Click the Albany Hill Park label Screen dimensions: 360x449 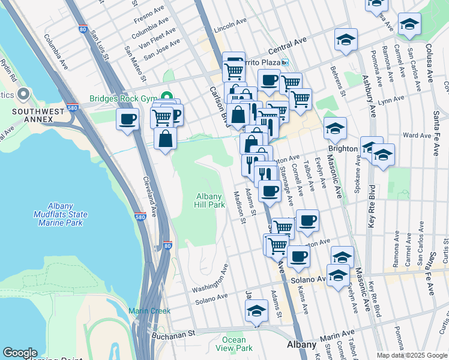(210, 200)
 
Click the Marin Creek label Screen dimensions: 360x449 (149, 311)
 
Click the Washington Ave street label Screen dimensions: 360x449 (210, 280)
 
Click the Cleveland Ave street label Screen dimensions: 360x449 (150, 196)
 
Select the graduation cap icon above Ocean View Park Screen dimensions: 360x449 (256, 311)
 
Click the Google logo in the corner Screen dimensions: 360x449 (20, 353)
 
